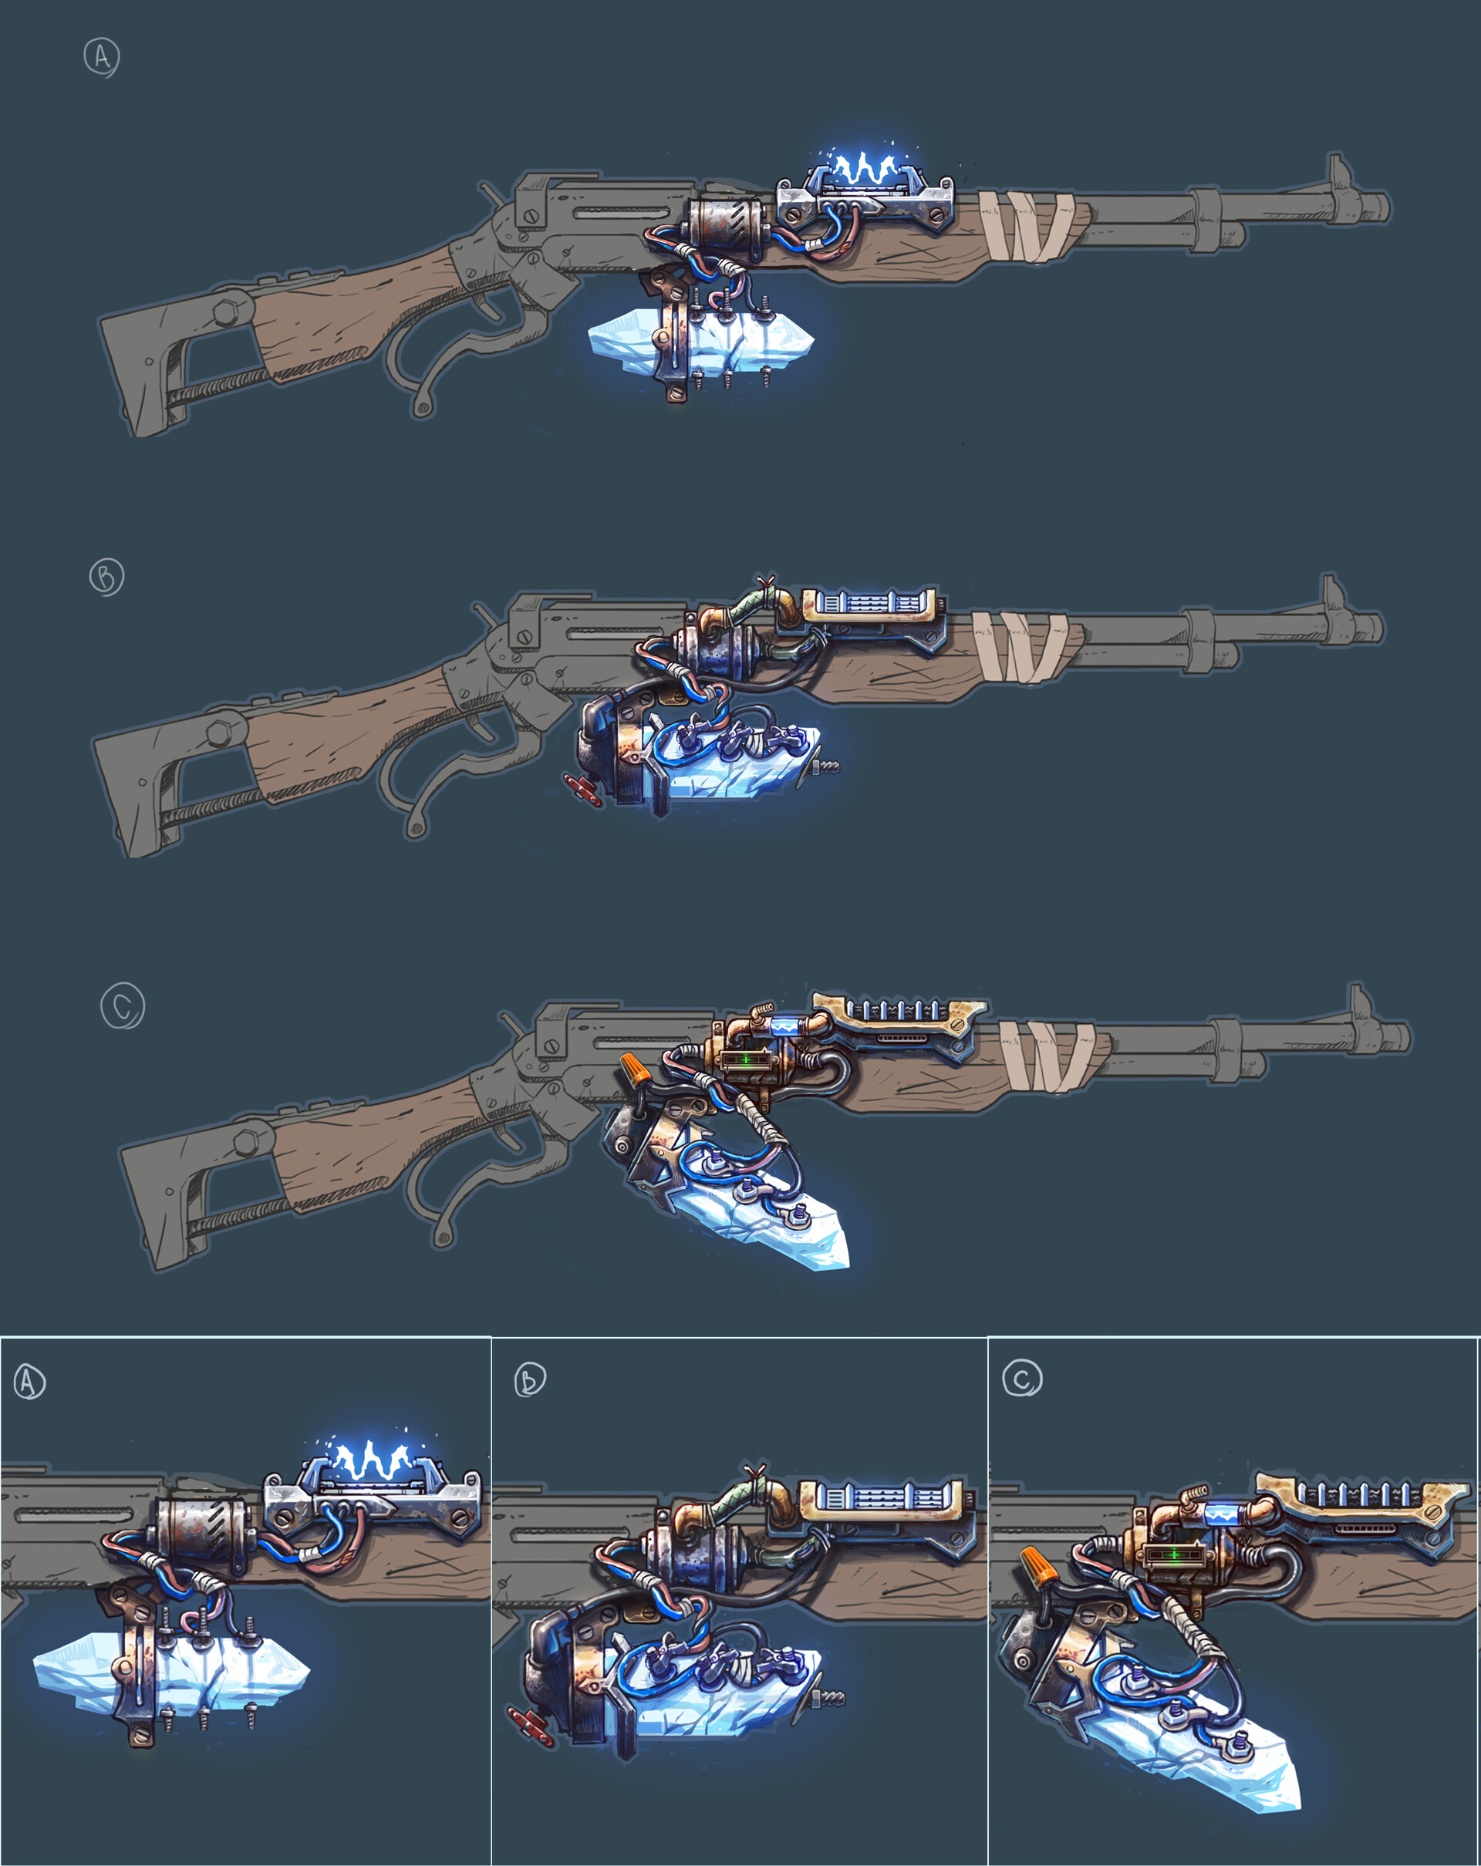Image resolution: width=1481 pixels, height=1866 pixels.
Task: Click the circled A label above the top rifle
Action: point(101,57)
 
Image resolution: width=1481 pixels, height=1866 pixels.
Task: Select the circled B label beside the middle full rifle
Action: point(106,577)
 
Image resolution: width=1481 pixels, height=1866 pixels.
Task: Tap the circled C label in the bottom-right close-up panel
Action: point(1021,1378)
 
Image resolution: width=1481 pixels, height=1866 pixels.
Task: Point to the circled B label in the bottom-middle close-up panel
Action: point(529,1379)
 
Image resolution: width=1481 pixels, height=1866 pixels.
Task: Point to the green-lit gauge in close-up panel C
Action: point(1173,1554)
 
